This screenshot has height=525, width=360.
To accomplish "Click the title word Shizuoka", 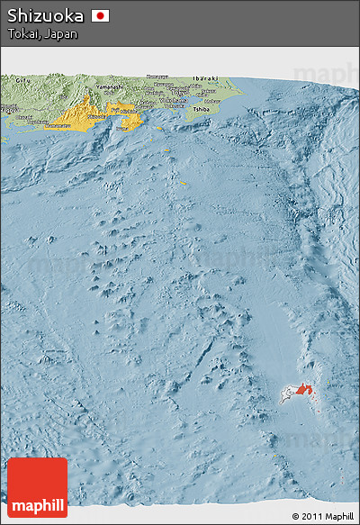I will pyautogui.click(x=46, y=15).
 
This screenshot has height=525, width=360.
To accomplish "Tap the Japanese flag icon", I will pyautogui.click(x=101, y=15).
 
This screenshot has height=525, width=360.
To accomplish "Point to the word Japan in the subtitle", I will pyautogui.click(x=61, y=34).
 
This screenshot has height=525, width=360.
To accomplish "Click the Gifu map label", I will pyautogui.click(x=17, y=79).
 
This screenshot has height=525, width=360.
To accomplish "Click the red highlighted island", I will pyautogui.click(x=302, y=389).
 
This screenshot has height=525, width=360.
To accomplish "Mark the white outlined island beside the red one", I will pyautogui.click(x=288, y=394).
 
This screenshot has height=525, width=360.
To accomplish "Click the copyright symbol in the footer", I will pyautogui.click(x=295, y=516).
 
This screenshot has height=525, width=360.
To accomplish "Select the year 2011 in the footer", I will pyautogui.click(x=311, y=516).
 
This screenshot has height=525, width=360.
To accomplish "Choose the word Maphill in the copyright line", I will pyautogui.click(x=339, y=516).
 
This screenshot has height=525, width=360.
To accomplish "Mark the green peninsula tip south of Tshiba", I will pyautogui.click(x=192, y=115).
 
